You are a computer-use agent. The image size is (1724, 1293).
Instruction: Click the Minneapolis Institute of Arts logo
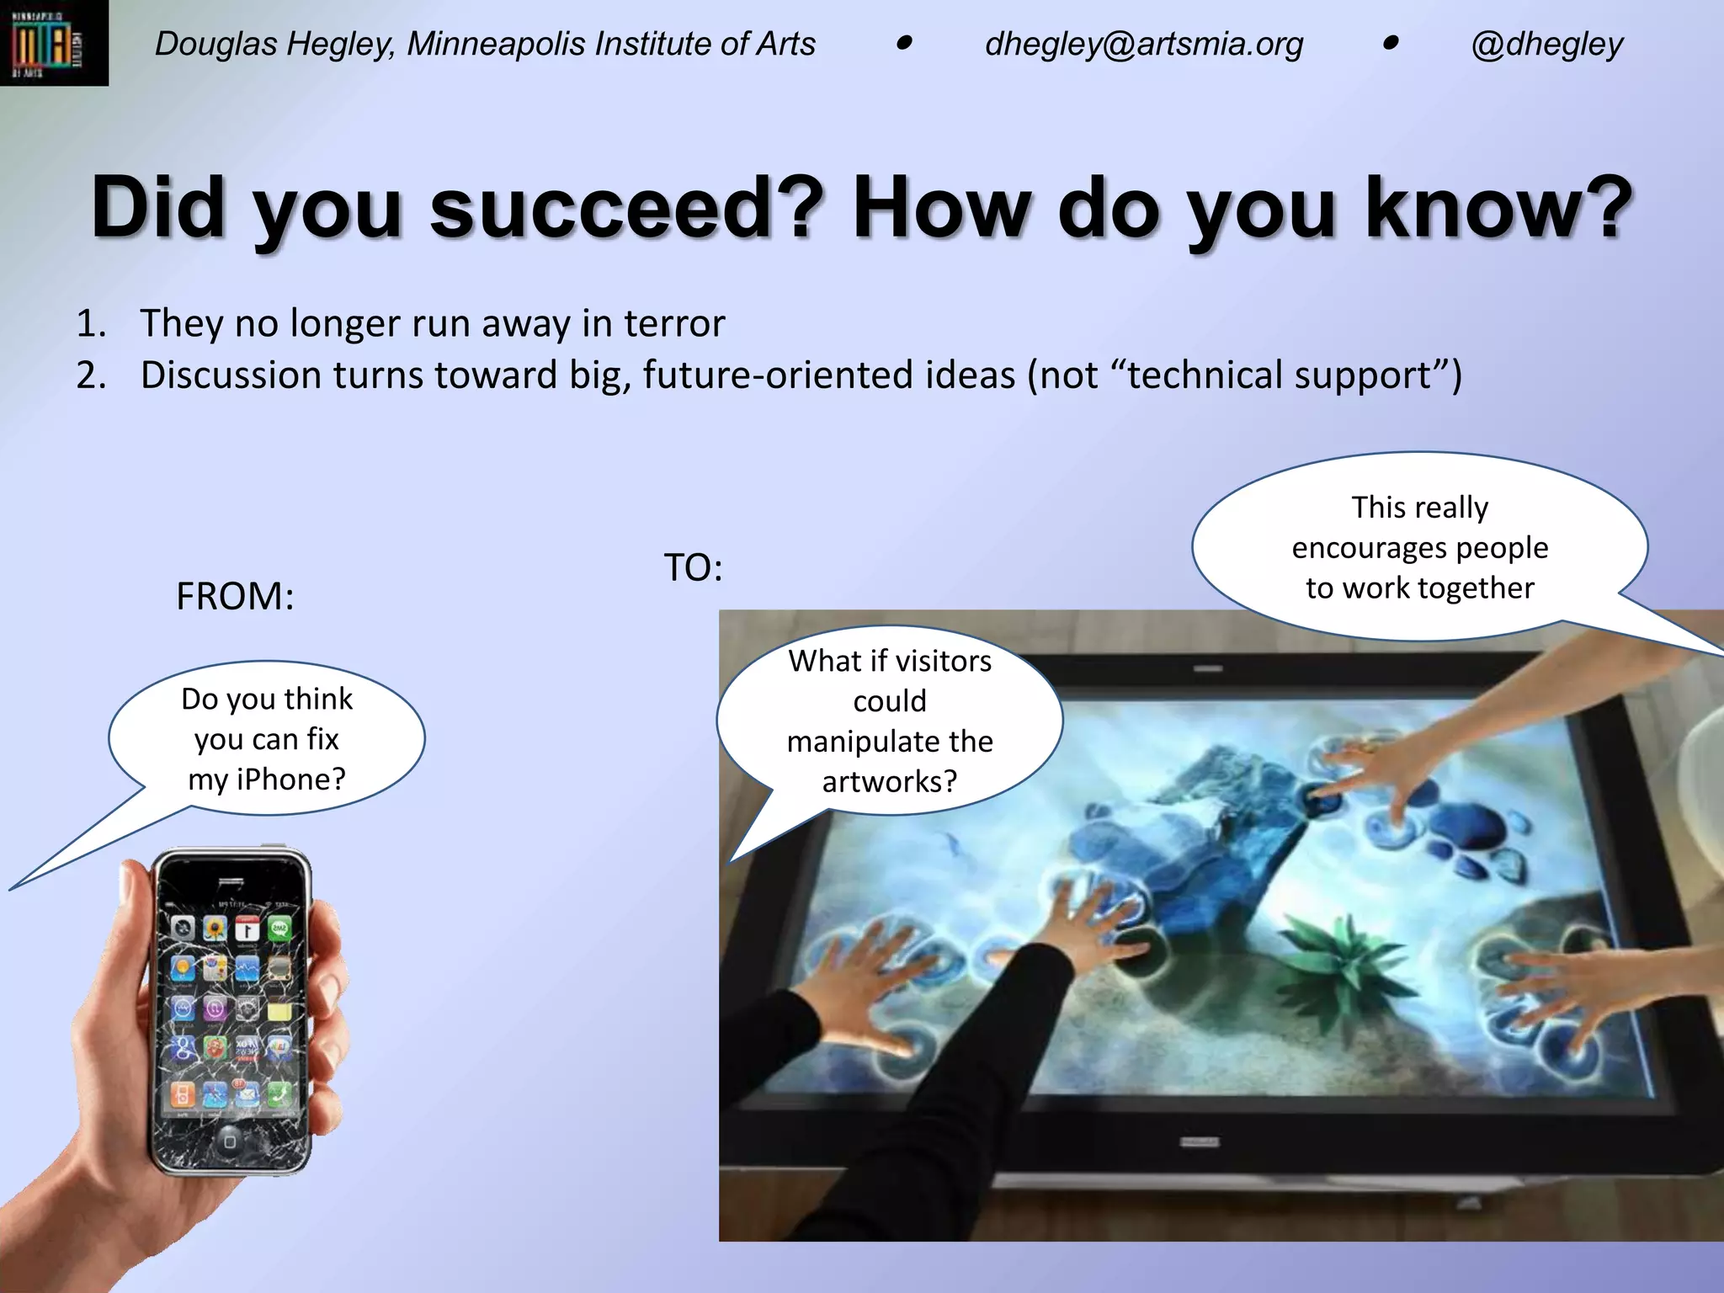(53, 43)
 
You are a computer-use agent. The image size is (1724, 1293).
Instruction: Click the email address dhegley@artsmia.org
(1143, 45)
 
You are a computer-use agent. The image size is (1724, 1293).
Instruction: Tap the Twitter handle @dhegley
(1546, 45)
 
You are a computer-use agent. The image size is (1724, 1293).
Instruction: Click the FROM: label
(235, 597)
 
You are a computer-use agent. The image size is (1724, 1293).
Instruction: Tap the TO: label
(693, 568)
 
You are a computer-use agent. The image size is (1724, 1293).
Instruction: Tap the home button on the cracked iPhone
(229, 1141)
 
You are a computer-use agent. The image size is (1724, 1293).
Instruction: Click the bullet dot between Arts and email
(904, 43)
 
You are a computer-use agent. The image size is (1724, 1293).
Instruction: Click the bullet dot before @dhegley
(1390, 43)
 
